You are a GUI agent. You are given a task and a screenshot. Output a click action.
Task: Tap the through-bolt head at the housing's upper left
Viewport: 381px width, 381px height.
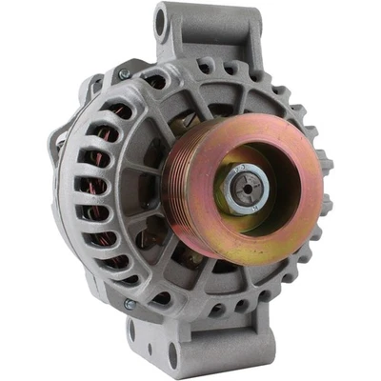124,73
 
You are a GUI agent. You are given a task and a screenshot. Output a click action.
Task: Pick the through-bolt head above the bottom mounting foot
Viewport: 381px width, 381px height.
129,305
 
